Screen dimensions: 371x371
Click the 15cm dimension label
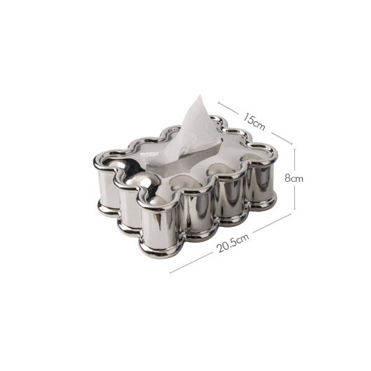[x=254, y=122]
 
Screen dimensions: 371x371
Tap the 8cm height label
[x=294, y=178]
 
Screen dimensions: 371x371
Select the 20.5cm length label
[x=233, y=243]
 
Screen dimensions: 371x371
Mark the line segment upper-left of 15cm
[x=228, y=108]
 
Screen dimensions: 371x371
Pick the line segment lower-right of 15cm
[x=282, y=138]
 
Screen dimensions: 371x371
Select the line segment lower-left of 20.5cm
[x=191, y=263]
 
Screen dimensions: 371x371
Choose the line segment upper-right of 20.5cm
[x=272, y=223]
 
